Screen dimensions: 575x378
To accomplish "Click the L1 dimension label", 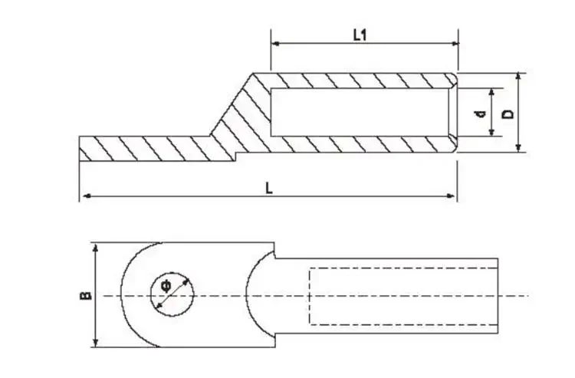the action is click(360, 35).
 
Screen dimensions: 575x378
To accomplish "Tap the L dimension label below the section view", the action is click(269, 189).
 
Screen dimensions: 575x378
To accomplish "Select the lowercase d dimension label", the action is click(480, 114).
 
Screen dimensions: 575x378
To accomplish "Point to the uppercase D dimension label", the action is click(508, 114).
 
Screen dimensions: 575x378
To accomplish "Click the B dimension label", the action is click(85, 295).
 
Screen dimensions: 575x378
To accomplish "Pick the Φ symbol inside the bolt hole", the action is click(166, 285).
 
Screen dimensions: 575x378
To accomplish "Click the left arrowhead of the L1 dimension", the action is click(275, 44).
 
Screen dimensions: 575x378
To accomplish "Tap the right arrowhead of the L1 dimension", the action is click(455, 44).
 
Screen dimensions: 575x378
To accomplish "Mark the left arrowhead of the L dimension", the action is click(87, 196).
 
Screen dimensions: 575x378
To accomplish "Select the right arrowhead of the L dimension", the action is click(451, 196).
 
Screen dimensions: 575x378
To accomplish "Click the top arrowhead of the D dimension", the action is click(518, 77).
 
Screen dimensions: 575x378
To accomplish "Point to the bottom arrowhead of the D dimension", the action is click(518, 148).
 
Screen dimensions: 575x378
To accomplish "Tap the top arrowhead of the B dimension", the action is click(96, 247).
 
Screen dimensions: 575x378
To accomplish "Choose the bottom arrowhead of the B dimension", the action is click(96, 343).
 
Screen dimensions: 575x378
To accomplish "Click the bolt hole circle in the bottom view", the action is click(172, 273).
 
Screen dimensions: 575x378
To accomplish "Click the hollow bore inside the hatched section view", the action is click(360, 112).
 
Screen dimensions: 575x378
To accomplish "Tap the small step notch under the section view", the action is click(235, 156).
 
